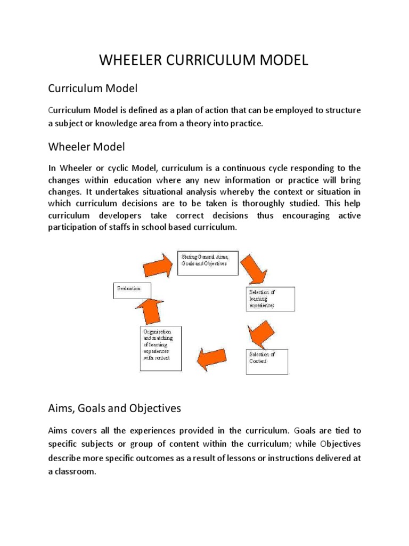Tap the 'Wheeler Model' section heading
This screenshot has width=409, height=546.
point(86,146)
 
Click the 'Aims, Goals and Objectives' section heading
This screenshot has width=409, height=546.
point(114,408)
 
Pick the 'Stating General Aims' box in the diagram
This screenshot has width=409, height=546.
point(208,262)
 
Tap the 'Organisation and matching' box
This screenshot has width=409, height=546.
point(160,348)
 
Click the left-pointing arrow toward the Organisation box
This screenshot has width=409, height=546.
point(215,359)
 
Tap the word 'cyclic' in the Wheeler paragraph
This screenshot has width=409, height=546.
point(111,167)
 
